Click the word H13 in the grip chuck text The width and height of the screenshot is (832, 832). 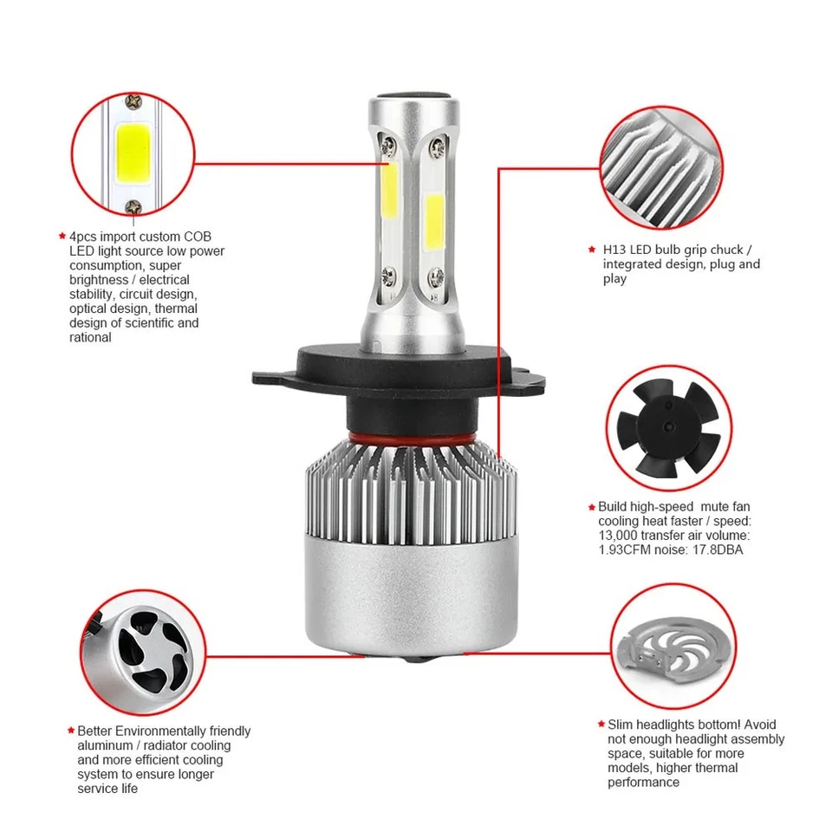click(x=615, y=250)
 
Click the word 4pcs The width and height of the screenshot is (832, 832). click(x=84, y=237)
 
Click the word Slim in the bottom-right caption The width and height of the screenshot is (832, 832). click(x=621, y=725)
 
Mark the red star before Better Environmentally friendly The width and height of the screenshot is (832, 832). click(x=71, y=731)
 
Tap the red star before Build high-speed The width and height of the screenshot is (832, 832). click(x=591, y=507)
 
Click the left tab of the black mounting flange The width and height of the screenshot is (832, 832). click(x=270, y=379)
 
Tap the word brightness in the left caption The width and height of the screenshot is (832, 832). click(x=101, y=280)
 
